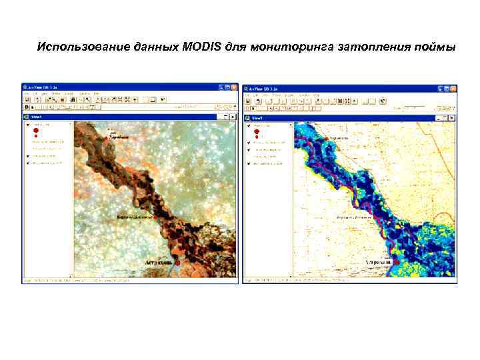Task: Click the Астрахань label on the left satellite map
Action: coord(159,263)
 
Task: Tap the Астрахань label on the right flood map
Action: coord(379,263)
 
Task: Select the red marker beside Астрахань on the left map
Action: coord(178,263)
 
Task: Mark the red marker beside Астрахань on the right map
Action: coord(396,263)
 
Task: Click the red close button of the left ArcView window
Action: coord(234,87)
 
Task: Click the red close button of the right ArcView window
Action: coord(453,87)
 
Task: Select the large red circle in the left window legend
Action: coord(37,131)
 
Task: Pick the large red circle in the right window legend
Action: coord(257,131)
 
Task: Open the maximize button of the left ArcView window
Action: coord(227,87)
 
